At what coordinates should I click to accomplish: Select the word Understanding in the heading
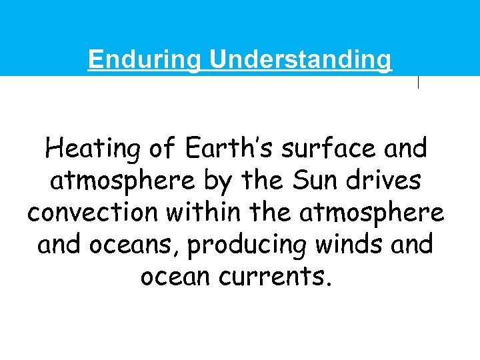click(301, 60)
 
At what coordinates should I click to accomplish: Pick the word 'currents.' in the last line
click(279, 275)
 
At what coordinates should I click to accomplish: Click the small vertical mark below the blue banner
click(418, 82)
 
